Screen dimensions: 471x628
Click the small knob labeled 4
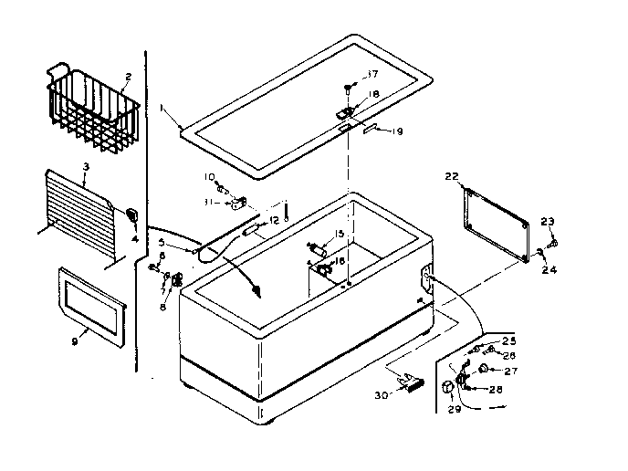131,215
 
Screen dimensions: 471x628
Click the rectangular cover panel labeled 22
498,224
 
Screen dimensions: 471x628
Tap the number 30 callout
382,394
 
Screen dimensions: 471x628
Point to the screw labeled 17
350,89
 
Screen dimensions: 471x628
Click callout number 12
274,222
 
